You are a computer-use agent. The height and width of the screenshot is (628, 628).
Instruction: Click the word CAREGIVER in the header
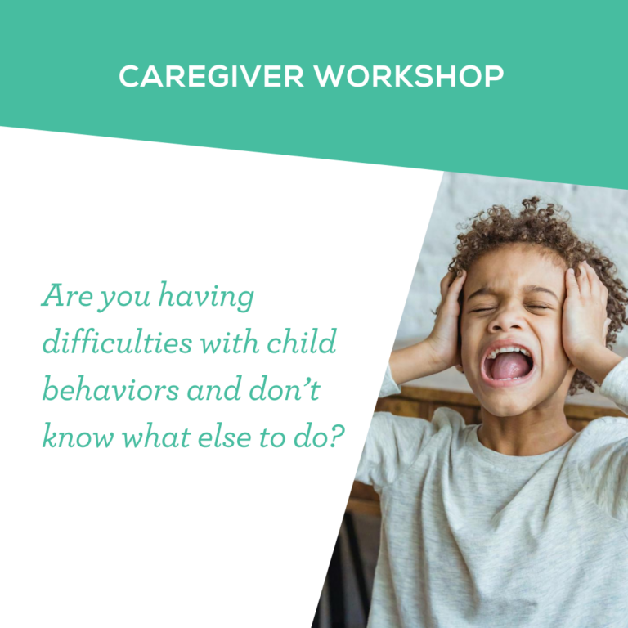pyautogui.click(x=209, y=76)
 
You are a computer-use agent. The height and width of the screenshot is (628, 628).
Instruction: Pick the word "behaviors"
pyautogui.click(x=102, y=390)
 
